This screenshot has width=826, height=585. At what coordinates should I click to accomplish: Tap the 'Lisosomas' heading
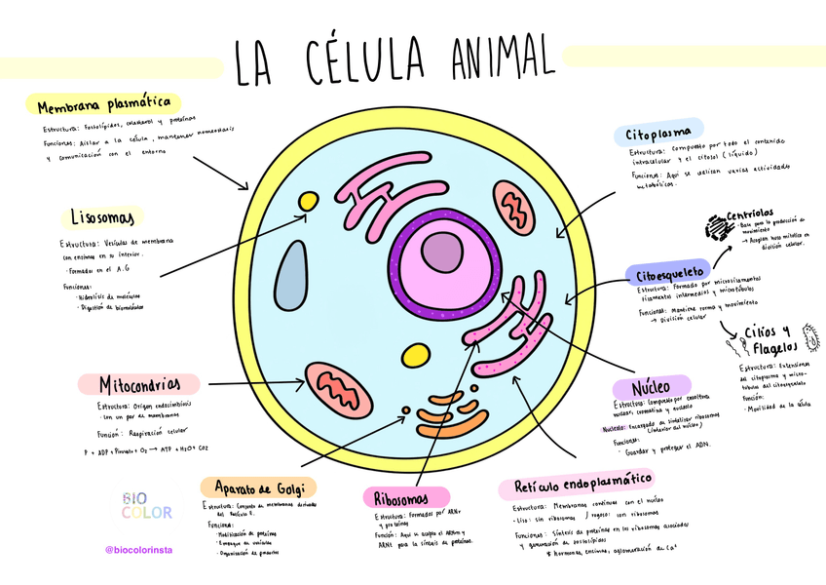106,215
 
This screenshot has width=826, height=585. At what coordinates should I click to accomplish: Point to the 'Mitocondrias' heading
148,384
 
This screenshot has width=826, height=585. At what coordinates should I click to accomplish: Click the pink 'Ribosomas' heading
405,497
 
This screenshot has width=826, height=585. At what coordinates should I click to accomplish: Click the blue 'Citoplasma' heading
659,132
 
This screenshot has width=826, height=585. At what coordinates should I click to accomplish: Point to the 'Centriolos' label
750,214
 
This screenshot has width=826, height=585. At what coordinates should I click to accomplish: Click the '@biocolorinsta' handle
138,550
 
